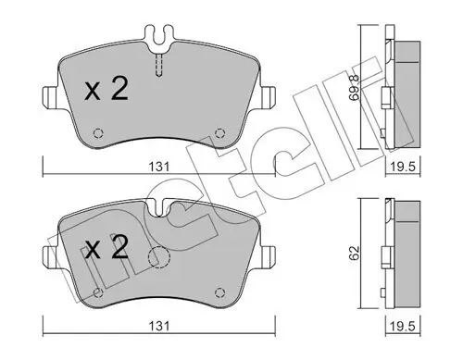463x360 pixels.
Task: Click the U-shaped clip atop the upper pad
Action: [158, 41]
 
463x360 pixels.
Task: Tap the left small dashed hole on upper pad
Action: [98, 130]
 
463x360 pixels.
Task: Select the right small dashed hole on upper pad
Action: [219, 130]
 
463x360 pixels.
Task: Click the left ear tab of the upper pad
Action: [52, 95]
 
